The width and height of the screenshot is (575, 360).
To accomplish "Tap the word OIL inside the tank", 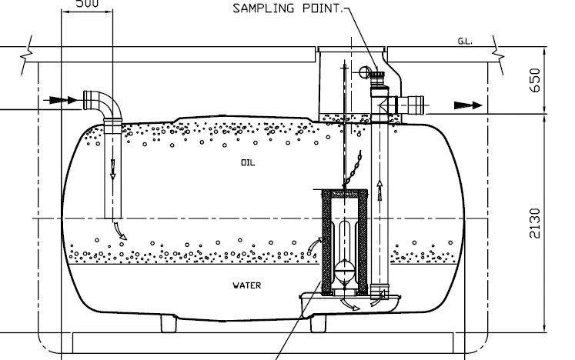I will [246, 163].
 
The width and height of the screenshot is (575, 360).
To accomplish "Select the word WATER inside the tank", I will [247, 285].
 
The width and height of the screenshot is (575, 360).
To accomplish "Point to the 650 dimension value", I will [536, 79].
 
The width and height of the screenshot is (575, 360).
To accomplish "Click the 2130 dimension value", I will [536, 223].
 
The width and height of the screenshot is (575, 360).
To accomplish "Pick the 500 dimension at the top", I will [86, 3].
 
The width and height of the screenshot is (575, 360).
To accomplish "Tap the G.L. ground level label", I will [464, 42].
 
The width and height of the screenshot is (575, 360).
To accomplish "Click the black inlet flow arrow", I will [59, 99].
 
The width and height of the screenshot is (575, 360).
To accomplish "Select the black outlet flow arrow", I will [466, 105].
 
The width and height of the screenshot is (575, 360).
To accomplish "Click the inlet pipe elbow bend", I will [103, 102].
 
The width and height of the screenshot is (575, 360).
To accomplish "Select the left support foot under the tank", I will [172, 323].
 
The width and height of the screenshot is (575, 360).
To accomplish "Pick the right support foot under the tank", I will [322, 323].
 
